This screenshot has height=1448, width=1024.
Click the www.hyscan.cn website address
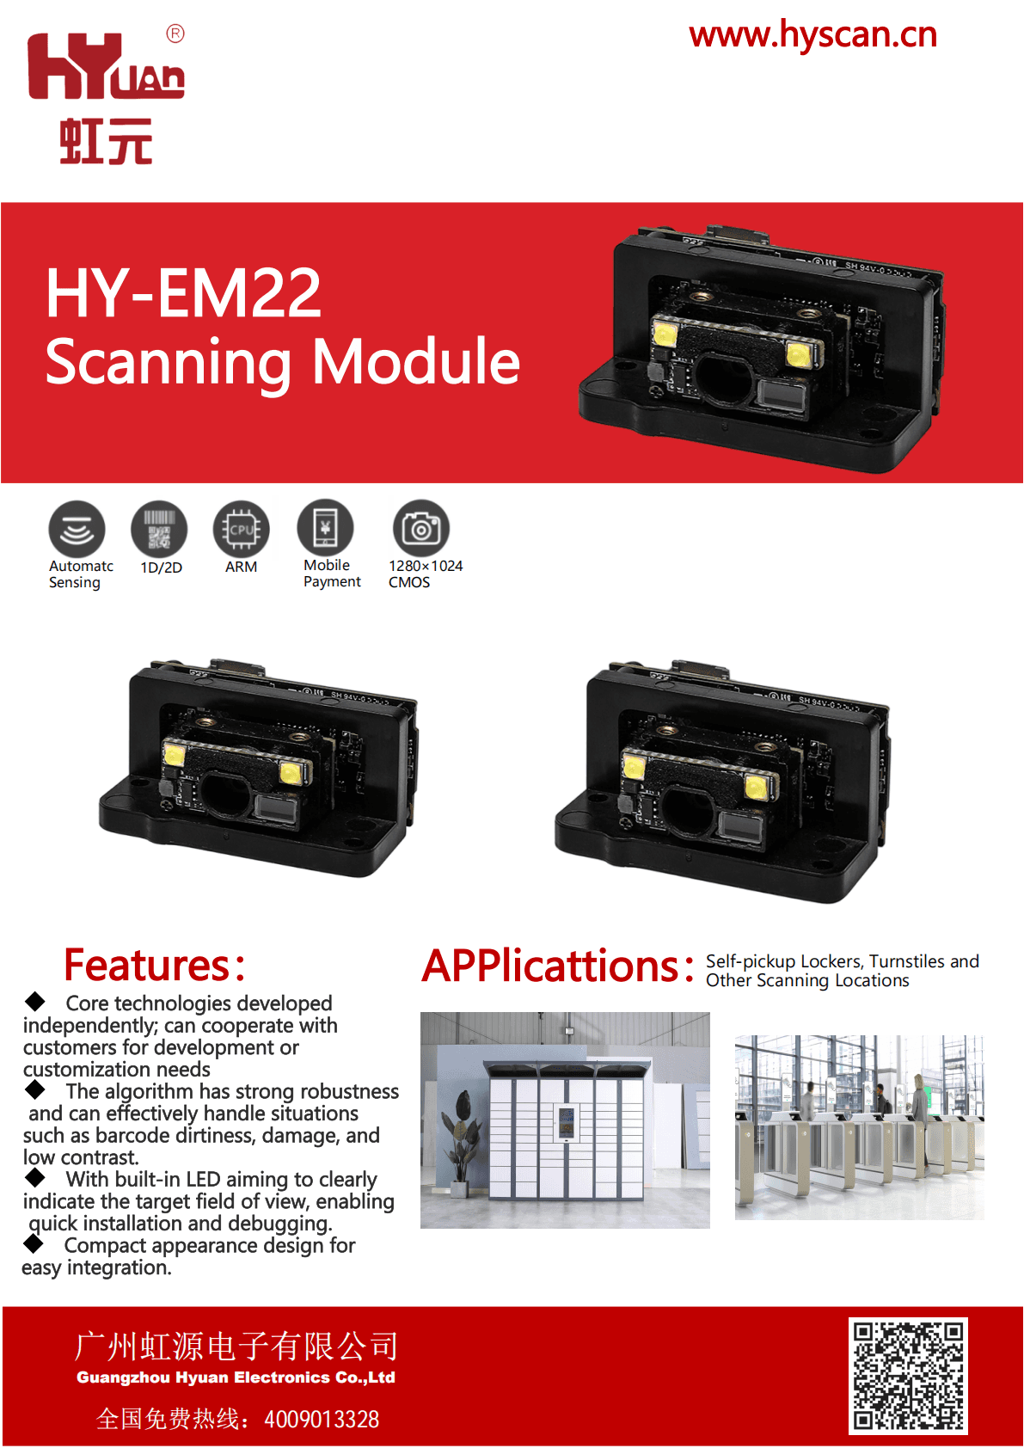(x=812, y=35)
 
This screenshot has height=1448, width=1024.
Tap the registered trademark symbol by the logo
(x=175, y=34)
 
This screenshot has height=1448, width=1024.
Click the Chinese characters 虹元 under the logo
(x=106, y=141)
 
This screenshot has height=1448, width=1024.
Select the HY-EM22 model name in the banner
(x=184, y=293)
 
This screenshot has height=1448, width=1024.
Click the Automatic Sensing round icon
(x=77, y=529)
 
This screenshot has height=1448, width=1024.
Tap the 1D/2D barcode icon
(x=159, y=529)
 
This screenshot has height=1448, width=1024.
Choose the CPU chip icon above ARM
(x=242, y=529)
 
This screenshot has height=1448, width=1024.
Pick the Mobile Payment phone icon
(x=325, y=527)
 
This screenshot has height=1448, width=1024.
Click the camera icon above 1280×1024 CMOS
(x=420, y=527)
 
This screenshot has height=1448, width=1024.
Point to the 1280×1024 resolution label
(x=426, y=566)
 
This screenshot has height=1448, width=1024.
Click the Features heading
(x=155, y=965)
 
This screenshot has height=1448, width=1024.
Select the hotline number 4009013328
(x=322, y=1420)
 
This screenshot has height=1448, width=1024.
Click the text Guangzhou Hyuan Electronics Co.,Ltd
(x=236, y=1377)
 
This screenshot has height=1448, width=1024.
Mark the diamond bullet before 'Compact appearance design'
(x=33, y=1243)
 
